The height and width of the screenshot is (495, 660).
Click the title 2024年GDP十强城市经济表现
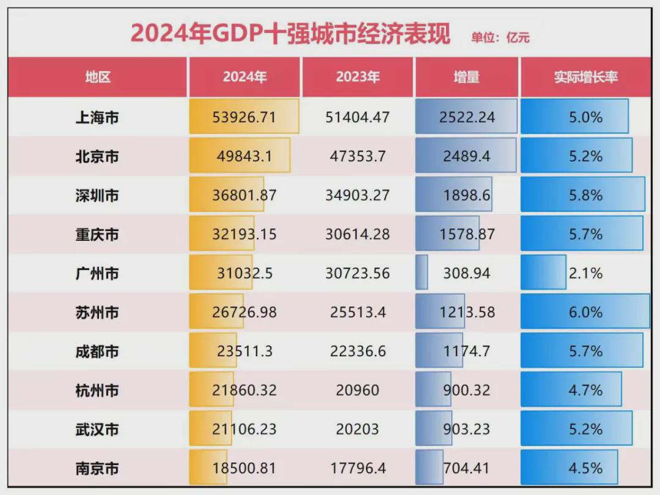click(x=290, y=34)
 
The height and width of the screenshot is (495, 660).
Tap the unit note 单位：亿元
click(x=500, y=38)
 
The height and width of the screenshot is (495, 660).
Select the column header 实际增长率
click(x=585, y=77)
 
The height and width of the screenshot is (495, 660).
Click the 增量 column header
click(x=466, y=77)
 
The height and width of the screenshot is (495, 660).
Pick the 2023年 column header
click(x=358, y=77)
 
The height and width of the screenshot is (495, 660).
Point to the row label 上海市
click(x=97, y=117)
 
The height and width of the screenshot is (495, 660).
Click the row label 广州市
click(x=97, y=273)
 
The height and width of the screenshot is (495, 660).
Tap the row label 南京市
click(x=97, y=469)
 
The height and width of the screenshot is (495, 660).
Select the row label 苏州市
click(x=97, y=312)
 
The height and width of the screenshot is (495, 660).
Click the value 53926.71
click(x=244, y=117)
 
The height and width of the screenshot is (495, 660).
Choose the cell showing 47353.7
click(x=358, y=156)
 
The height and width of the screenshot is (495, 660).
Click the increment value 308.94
click(x=466, y=273)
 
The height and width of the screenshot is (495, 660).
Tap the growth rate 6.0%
click(x=585, y=312)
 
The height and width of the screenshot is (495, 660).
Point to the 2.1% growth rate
click(x=585, y=273)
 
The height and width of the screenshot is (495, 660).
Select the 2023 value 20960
click(x=358, y=391)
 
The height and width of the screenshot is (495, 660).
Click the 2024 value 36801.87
click(x=244, y=196)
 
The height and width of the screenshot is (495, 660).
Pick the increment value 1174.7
click(x=466, y=351)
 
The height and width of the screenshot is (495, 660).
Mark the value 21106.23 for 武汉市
click(x=244, y=430)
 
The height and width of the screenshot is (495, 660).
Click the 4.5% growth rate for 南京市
click(x=585, y=469)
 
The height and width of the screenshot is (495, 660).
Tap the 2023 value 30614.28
click(x=358, y=234)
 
